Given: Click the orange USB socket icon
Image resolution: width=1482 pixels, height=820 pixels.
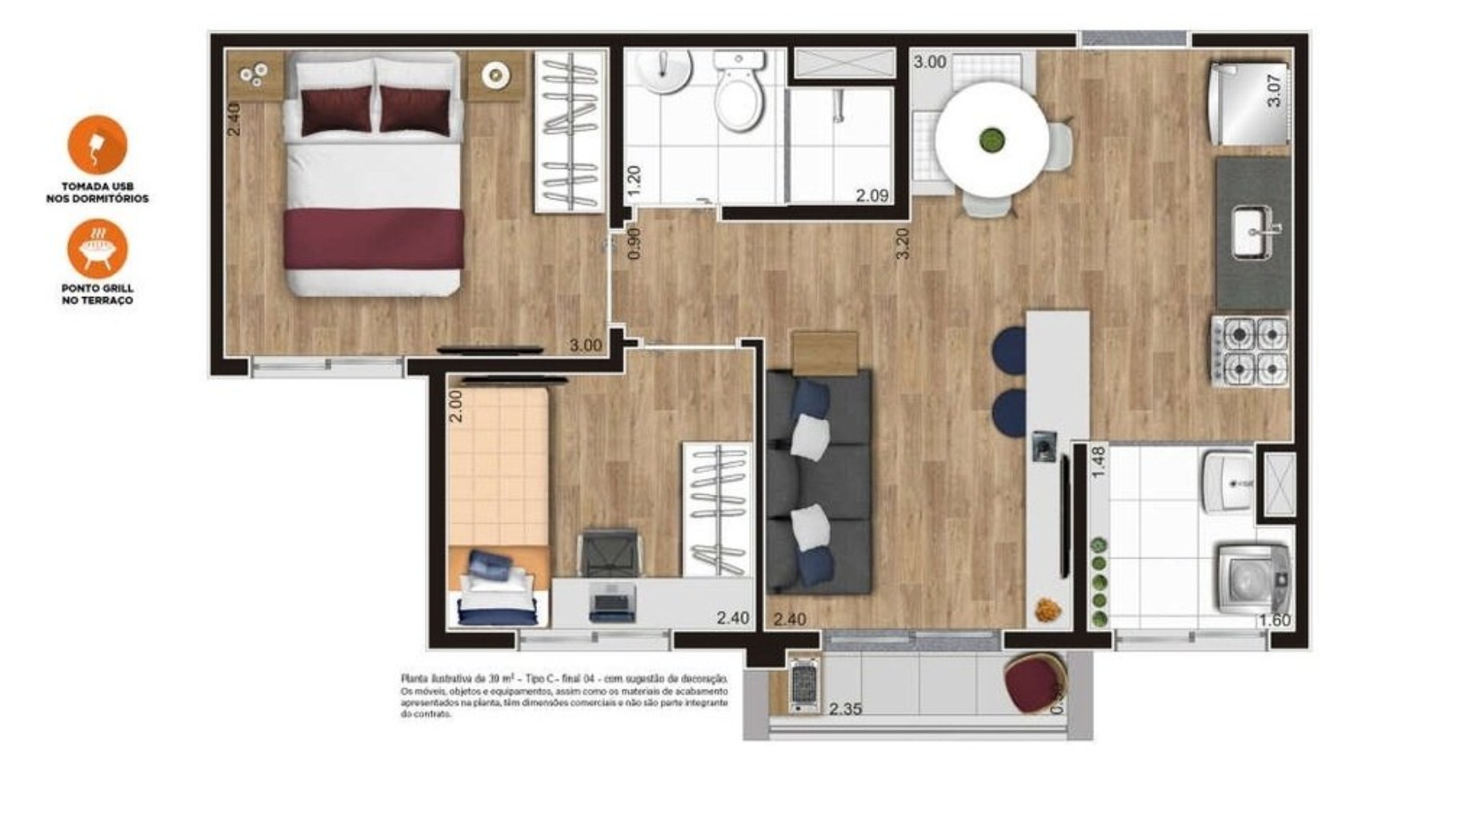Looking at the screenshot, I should tap(97, 145).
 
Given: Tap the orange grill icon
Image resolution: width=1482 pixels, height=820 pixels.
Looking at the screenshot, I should tap(97, 247).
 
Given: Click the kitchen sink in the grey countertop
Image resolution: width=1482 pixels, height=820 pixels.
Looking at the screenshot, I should tap(1254, 232).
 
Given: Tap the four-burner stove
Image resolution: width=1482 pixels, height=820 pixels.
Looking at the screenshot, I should tap(1251, 352).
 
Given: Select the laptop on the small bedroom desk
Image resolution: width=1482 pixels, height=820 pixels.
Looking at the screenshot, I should tap(612, 601).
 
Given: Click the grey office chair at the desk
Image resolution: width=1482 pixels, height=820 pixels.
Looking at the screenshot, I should tap(608, 552).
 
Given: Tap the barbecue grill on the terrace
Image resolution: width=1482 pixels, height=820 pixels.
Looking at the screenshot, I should tap(803, 685).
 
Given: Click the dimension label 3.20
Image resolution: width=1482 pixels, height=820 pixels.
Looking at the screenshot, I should tap(903, 243).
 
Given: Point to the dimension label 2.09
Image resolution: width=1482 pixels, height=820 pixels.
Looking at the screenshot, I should tap(871, 195).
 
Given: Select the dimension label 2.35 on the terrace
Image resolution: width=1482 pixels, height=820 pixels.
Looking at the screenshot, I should tap(845, 709).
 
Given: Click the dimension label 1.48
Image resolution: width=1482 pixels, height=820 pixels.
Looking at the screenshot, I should tap(1098, 462).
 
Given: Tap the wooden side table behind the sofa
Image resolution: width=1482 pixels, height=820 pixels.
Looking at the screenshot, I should tap(824, 352).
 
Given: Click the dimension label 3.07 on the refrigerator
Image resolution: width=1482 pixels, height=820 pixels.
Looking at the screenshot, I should tap(1274, 90).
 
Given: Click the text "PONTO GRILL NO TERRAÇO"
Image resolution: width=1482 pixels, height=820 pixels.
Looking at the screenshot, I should tap(97, 294).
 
